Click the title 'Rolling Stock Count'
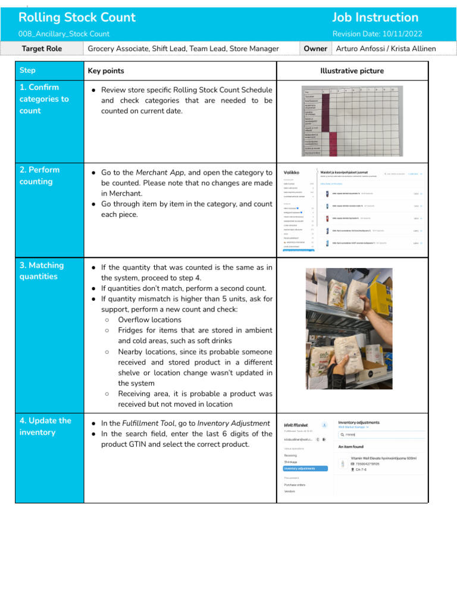tap(77, 17)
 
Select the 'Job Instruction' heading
tap(375, 17)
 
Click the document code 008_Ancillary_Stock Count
tap(64, 34)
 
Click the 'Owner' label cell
tap(315, 48)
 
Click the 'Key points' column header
tap(106, 71)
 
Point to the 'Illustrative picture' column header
tap(352, 71)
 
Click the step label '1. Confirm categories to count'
tap(44, 99)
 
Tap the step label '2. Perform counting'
tap(40, 176)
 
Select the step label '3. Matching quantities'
tap(42, 271)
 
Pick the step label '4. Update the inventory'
tap(45, 427)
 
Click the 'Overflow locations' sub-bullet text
tap(149, 320)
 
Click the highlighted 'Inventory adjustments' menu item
tap(305, 468)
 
